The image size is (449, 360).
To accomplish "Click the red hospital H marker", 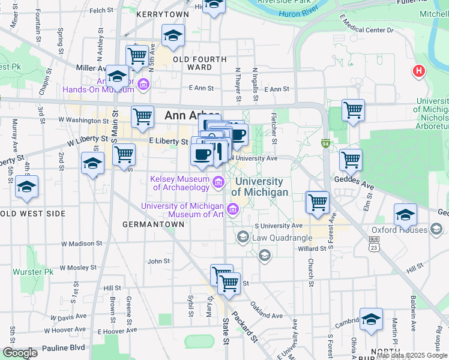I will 419,71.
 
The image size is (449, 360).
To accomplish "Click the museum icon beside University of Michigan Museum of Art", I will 233,210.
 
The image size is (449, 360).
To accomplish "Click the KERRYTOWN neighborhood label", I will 158,13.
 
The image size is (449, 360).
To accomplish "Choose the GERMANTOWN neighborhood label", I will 153,224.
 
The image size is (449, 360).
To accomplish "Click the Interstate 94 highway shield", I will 325,144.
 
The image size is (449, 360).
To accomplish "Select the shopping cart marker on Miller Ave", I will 137,56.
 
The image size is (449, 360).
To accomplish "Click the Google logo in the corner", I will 19,353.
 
